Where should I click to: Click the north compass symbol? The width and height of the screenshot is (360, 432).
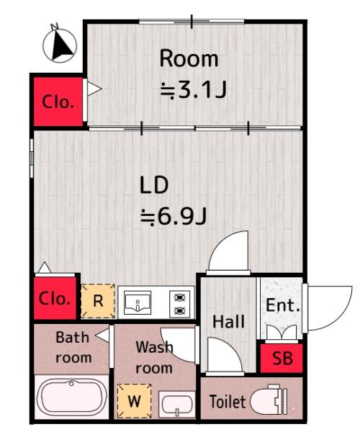[x=59, y=44]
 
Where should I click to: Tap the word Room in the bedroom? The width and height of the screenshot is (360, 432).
[x=189, y=58]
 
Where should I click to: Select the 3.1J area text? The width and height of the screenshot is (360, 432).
[x=194, y=89]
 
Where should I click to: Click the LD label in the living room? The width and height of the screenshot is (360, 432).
[x=154, y=185]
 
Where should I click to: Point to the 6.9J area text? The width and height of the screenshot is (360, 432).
[x=174, y=217]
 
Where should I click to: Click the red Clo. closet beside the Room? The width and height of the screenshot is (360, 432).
[x=58, y=102]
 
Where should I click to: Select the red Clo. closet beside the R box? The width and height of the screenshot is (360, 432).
[x=55, y=298]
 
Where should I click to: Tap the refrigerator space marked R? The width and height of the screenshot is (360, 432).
[x=98, y=301]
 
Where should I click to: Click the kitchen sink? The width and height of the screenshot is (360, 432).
[x=138, y=302]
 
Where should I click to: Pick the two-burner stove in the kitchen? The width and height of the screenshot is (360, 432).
[x=179, y=303]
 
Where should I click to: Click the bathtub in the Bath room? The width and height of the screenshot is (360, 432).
[x=71, y=396]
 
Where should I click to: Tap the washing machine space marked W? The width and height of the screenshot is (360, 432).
[x=135, y=401]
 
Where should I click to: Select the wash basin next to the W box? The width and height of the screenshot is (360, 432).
[x=177, y=405]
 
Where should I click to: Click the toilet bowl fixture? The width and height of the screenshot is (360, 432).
[x=269, y=399]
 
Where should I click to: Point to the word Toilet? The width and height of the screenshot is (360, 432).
[x=228, y=402]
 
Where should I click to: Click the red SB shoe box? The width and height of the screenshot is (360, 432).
[x=282, y=358]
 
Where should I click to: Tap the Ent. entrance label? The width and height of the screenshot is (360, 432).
[x=282, y=305]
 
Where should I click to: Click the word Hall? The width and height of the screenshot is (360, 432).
[x=229, y=322]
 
